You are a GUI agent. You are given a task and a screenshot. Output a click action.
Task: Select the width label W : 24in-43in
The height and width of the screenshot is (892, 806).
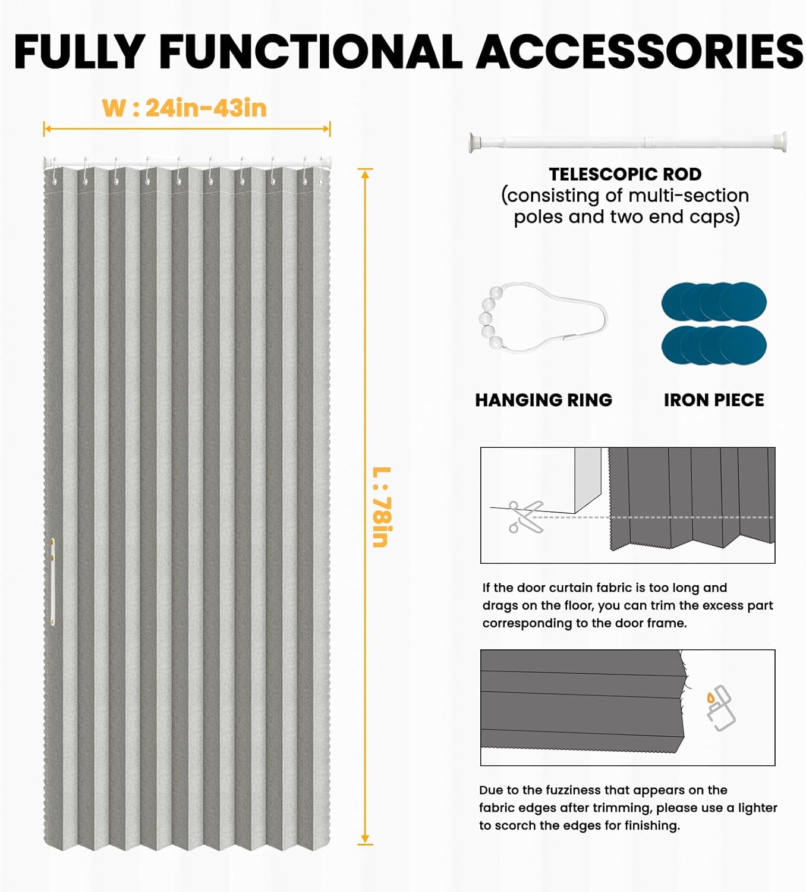(184, 108)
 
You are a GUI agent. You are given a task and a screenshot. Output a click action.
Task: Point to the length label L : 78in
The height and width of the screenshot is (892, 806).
(382, 507)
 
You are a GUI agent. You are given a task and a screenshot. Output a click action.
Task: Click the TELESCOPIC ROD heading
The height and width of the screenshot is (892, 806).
(625, 174)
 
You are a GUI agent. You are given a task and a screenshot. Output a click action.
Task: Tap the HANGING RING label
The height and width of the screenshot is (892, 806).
(544, 400)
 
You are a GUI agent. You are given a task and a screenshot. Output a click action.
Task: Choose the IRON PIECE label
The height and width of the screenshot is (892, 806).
(714, 400)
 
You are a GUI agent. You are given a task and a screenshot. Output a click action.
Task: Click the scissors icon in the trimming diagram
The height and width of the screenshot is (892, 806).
(526, 517)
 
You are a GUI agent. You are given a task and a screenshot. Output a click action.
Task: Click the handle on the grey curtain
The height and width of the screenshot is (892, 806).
(52, 581)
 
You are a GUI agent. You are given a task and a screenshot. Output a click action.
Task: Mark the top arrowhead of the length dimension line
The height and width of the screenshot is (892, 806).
(365, 174)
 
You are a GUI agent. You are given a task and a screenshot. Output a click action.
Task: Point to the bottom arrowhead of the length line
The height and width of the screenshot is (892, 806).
(365, 838)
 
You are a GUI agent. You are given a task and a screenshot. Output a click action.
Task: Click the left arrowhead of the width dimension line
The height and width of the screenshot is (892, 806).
(47, 129)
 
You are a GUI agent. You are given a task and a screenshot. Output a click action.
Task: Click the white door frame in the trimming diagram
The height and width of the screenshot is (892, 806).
(588, 480)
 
